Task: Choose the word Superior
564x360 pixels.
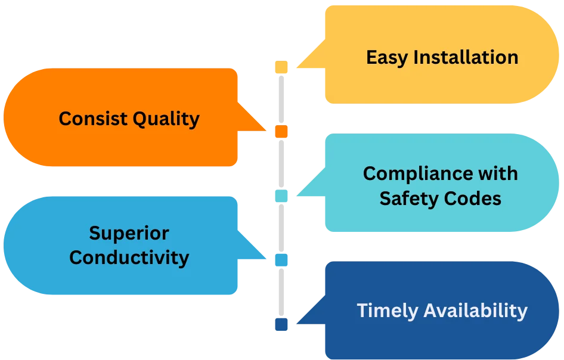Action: [129, 233]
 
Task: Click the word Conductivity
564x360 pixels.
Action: [129, 257]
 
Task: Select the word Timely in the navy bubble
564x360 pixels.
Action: [388, 311]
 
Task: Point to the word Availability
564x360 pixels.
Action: [475, 311]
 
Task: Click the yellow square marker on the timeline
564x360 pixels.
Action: [281, 67]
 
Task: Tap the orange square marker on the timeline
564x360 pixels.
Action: [281, 131]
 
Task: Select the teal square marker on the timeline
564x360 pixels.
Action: [281, 195]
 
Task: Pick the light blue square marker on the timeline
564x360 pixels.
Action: [281, 260]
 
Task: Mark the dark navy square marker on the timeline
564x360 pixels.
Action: [281, 324]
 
